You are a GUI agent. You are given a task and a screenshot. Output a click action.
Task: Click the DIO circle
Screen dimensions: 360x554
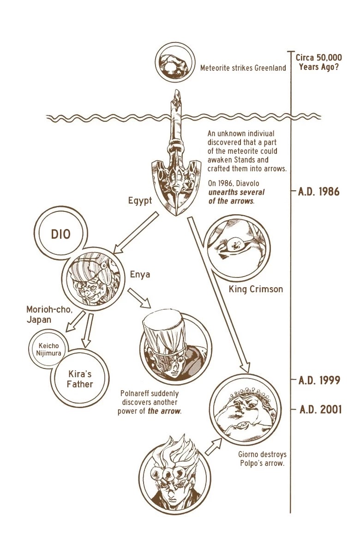60,233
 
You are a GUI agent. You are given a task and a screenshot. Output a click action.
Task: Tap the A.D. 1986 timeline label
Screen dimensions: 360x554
318,192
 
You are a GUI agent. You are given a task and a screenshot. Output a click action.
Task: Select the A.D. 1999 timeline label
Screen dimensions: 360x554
319,380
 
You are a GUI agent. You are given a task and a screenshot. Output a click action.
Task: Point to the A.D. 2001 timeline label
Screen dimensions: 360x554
320,409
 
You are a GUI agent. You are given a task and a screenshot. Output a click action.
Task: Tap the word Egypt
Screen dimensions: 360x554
140,200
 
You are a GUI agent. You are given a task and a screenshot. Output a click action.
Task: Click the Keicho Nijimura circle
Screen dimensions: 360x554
48,349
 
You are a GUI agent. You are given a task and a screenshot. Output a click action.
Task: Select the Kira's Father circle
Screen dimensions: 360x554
80,379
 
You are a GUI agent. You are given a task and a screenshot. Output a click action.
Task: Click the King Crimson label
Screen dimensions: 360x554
256,289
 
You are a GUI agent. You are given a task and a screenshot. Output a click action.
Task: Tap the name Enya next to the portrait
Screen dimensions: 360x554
140,275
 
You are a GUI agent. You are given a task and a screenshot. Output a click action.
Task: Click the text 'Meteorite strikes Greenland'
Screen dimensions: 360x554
243,68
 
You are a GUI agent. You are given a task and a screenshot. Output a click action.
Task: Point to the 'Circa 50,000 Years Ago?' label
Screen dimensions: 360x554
319,62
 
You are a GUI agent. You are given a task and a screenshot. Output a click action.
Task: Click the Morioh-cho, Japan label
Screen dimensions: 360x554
49,314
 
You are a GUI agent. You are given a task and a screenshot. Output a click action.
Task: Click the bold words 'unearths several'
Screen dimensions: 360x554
236,192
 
